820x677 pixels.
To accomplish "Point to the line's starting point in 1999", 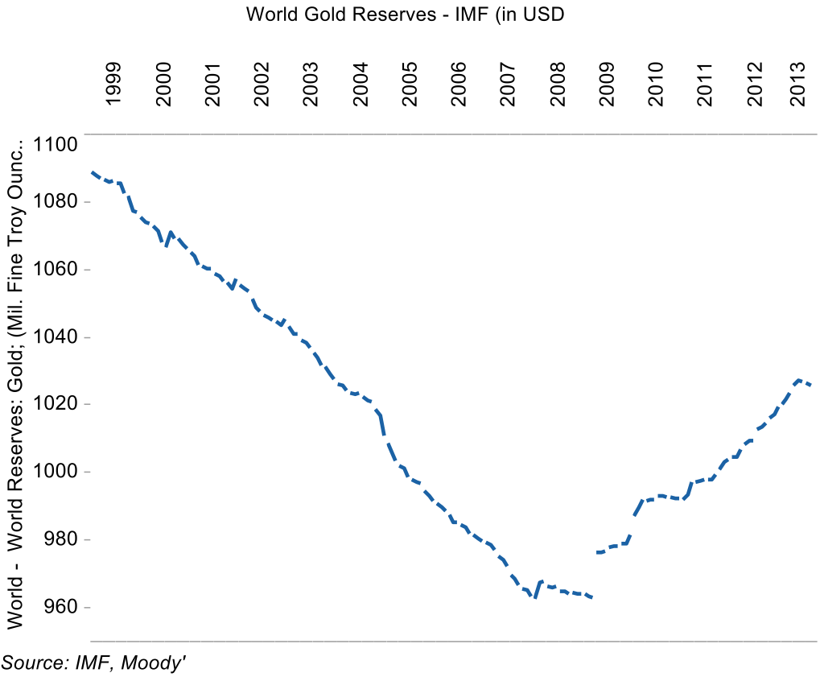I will click(92, 171).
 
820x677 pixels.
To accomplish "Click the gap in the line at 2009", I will click(594, 575).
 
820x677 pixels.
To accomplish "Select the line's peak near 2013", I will click(797, 380).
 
